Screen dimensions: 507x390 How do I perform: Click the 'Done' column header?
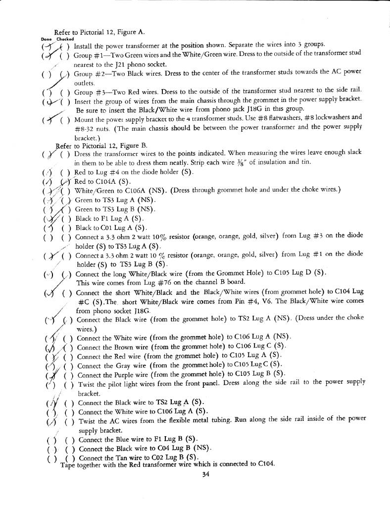(x=45, y=39)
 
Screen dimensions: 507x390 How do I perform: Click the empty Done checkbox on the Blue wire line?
(x=49, y=440)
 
